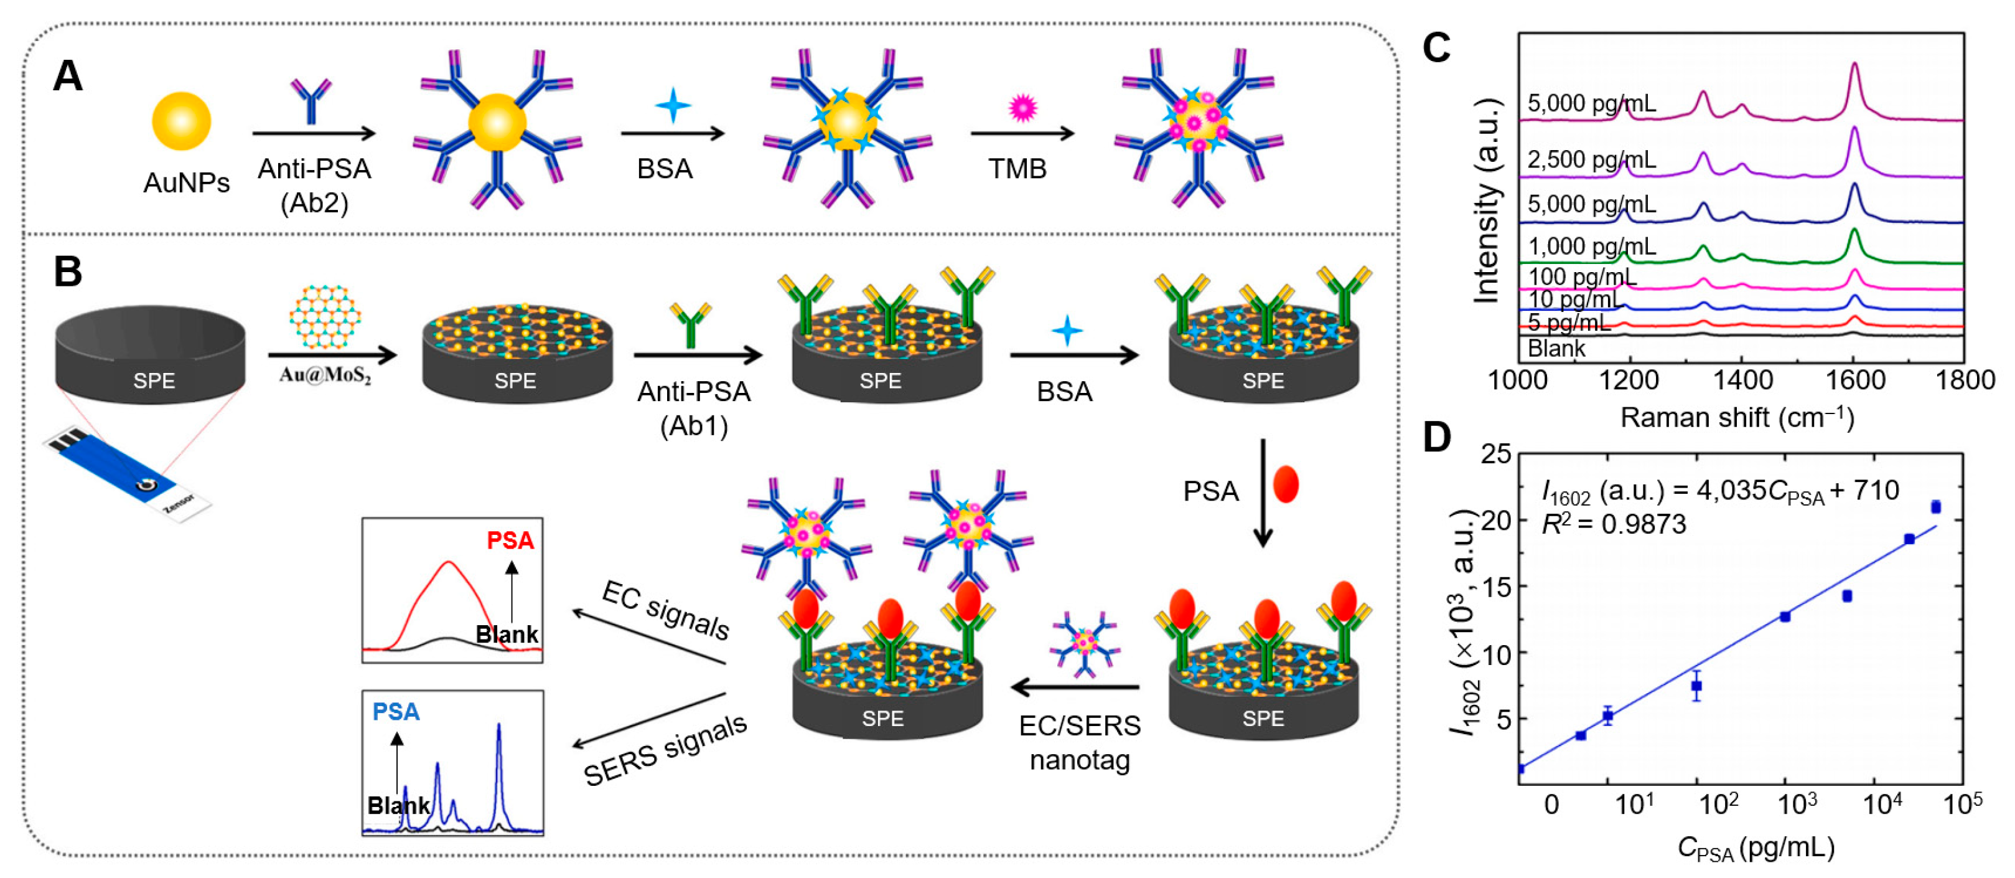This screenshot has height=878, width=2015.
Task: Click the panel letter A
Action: (67, 77)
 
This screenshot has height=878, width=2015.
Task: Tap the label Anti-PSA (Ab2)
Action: (314, 186)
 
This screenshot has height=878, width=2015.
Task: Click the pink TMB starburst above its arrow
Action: (1022, 107)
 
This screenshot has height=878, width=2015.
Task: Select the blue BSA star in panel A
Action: (673, 106)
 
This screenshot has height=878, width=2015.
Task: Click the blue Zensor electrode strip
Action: (125, 470)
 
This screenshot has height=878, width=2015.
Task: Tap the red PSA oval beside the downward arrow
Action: (1286, 484)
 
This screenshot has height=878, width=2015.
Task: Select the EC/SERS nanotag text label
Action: (1080, 742)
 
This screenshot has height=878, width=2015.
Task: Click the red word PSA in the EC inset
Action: (510, 540)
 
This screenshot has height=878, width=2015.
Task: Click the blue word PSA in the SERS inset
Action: (396, 711)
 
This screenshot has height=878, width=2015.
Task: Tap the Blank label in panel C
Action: (1556, 348)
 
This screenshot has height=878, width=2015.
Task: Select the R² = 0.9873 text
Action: (1613, 524)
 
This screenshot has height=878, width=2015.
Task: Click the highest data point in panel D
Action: (1935, 507)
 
